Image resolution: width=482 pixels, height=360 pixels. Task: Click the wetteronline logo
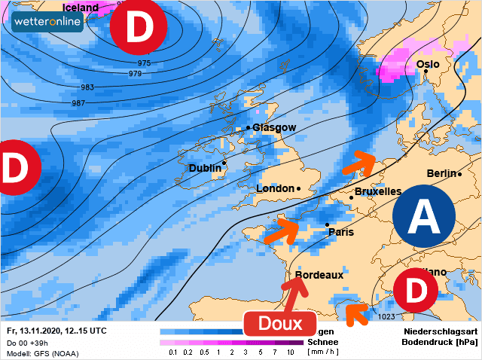coord(47,21)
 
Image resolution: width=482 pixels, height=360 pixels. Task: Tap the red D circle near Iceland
coord(138,29)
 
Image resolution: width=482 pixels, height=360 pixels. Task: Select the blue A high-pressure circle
coord(424,218)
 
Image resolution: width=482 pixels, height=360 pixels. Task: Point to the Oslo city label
coord(428,64)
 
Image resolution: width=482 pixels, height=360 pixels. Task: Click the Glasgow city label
coord(274,127)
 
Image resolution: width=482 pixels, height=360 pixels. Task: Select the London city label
coord(276,188)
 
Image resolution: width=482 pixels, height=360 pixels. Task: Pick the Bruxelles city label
coord(377,191)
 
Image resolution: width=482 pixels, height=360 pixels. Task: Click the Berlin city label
coord(442,173)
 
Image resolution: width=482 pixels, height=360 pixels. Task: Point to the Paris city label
coord(340,232)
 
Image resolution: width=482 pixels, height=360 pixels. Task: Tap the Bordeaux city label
coord(319,275)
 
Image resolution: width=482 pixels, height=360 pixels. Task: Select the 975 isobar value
coord(144,63)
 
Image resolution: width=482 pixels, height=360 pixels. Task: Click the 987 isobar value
coord(78,102)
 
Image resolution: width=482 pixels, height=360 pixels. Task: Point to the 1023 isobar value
coord(386,316)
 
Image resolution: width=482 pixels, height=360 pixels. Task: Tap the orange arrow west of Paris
coord(280,230)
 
